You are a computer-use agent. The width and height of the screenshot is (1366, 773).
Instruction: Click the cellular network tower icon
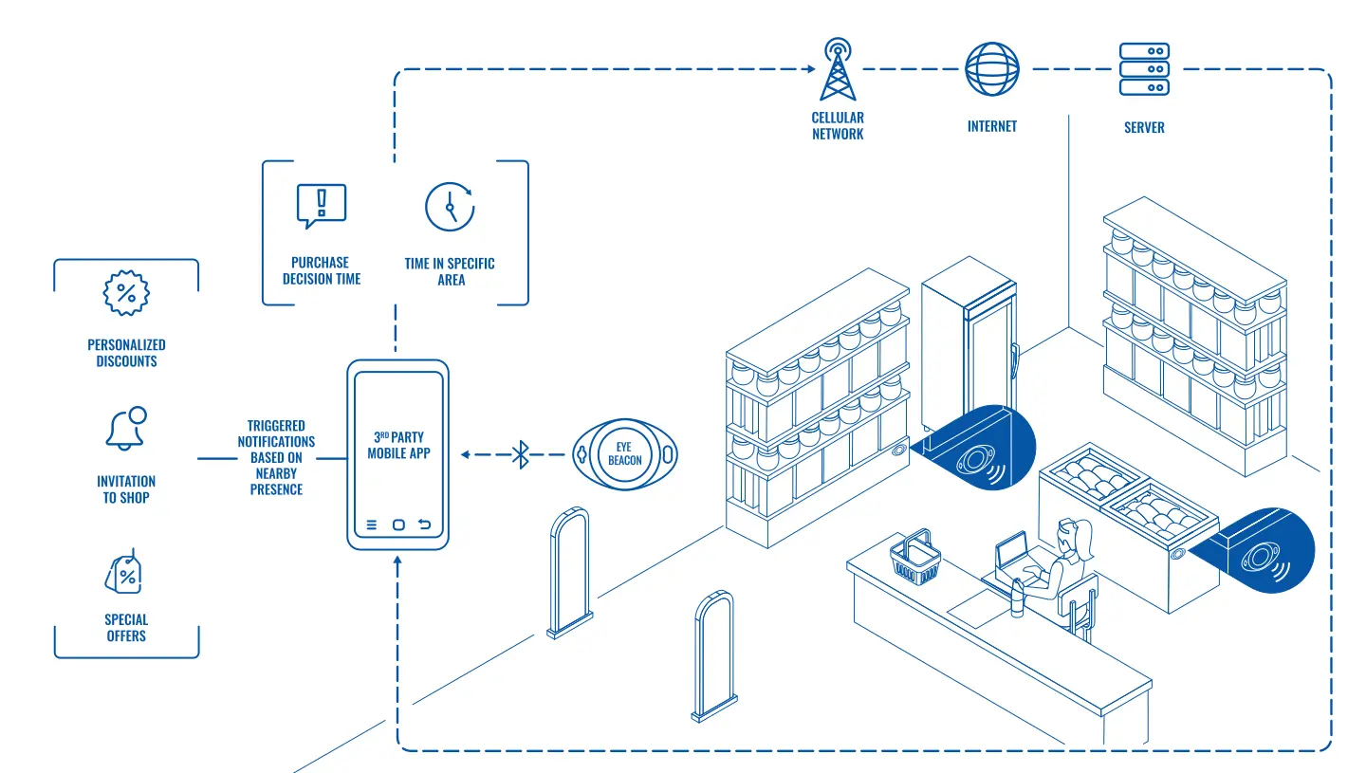click(x=838, y=69)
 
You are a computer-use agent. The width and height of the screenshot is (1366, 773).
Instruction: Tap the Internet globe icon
click(x=991, y=69)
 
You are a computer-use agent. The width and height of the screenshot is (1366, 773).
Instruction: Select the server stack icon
click(x=1144, y=69)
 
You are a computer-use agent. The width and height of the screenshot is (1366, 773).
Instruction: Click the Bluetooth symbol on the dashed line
click(x=520, y=454)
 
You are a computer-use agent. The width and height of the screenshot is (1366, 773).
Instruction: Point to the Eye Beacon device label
click(x=624, y=454)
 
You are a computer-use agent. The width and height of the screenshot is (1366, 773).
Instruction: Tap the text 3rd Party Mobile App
click(x=398, y=445)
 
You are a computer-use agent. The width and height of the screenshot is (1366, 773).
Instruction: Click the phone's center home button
click(x=398, y=525)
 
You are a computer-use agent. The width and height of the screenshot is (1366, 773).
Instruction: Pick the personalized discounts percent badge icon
click(x=126, y=293)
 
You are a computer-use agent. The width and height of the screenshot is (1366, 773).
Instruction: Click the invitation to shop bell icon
click(x=126, y=429)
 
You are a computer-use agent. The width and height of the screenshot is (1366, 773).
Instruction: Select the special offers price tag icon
click(x=123, y=572)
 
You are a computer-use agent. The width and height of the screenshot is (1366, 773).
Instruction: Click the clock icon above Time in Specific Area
click(x=450, y=207)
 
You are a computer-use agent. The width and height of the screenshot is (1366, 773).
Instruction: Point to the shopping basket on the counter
click(x=914, y=558)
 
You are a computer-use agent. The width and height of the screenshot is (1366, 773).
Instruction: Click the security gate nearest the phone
click(x=569, y=573)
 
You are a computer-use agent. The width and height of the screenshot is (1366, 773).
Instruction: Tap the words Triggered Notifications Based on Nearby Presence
click(x=276, y=457)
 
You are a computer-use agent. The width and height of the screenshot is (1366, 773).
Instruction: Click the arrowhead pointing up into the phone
click(x=397, y=561)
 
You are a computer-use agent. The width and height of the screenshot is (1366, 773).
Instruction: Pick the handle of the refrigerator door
click(x=1014, y=361)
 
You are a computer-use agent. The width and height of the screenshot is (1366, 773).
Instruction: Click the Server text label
click(x=1144, y=127)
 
